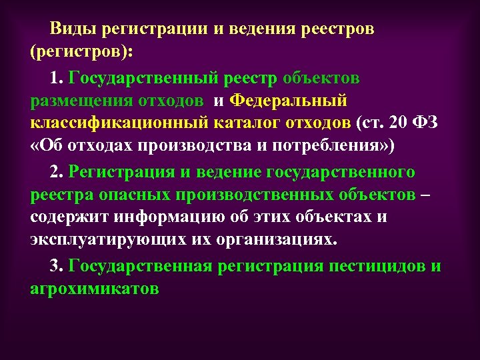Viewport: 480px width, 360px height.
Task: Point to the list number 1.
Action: pos(55,78)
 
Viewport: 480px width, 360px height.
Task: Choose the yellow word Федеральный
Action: pos(289,101)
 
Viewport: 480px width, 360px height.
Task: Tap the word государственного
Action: pos(340,171)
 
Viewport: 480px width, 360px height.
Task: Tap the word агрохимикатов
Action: pos(95,289)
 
